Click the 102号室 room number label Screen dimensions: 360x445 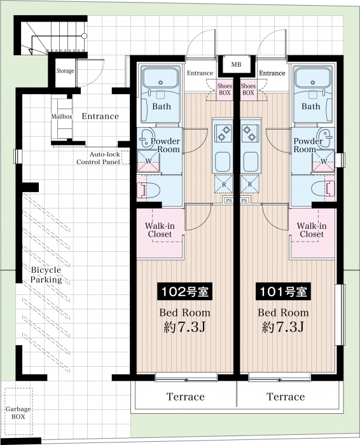pyautogui.click(x=185, y=291)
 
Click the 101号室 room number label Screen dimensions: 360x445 pyautogui.click(x=283, y=291)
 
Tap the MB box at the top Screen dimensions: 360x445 pyautogui.click(x=236, y=64)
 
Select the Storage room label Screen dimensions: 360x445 pyautogui.click(x=65, y=71)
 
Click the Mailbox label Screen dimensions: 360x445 pyautogui.click(x=62, y=116)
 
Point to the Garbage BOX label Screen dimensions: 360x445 pyautogui.click(x=18, y=413)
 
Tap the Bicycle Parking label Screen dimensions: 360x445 pyautogui.click(x=46, y=275)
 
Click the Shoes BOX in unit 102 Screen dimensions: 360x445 pyautogui.click(x=225, y=89)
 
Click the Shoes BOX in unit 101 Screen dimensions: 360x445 pyautogui.click(x=248, y=89)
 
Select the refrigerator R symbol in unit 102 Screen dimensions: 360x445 pyautogui.click(x=224, y=184)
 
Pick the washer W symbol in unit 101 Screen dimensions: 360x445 pyautogui.click(x=324, y=161)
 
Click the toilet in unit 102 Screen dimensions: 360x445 pyautogui.click(x=149, y=189)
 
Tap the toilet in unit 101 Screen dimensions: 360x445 pyautogui.click(x=323, y=189)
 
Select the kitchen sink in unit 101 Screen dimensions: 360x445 pyautogui.click(x=250, y=161)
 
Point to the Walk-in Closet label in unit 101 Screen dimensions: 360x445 pyautogui.click(x=312, y=230)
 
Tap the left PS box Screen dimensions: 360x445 pyautogui.click(x=228, y=200)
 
